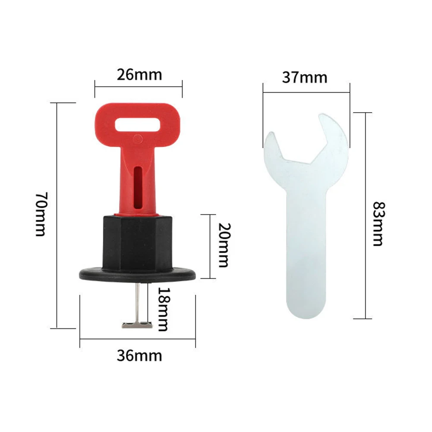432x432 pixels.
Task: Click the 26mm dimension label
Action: click(139, 75)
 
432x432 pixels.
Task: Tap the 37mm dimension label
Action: click(305, 77)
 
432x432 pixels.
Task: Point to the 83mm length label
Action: click(377, 223)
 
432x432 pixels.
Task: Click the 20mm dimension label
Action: click(223, 245)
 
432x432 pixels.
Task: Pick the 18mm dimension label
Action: click(162, 309)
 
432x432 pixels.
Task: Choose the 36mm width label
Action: click(139, 356)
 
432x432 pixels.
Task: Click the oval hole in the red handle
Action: click(138, 125)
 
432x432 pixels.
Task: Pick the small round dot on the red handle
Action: click(138, 139)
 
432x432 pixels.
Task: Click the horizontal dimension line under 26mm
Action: click(138, 86)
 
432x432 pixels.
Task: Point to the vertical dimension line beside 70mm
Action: click(57, 216)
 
